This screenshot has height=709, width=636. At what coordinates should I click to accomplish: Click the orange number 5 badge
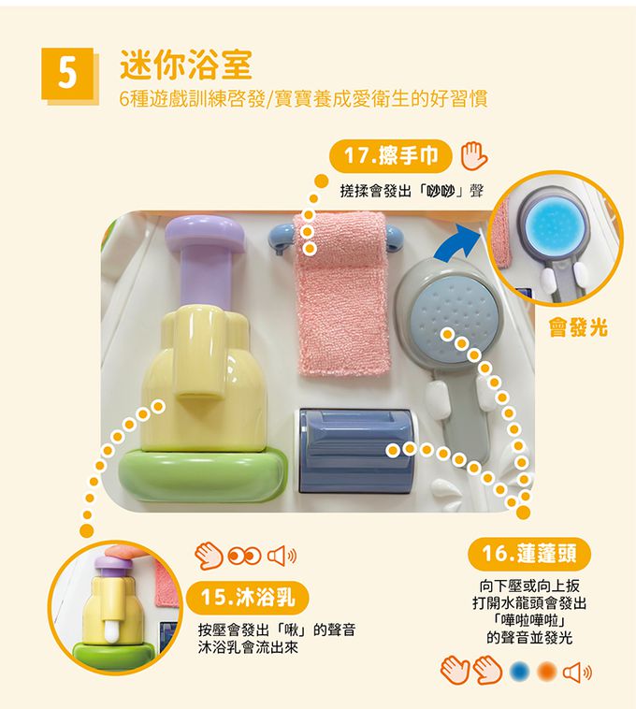click(67, 74)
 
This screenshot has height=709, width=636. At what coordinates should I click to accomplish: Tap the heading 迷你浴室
click(186, 65)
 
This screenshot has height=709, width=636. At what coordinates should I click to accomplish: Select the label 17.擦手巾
click(391, 156)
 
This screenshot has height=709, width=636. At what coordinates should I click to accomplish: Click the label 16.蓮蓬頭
click(529, 554)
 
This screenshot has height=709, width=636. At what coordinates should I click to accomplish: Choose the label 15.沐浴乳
click(247, 598)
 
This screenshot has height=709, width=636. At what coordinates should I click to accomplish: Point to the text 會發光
click(578, 327)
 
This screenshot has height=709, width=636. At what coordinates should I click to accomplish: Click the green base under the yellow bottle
click(203, 476)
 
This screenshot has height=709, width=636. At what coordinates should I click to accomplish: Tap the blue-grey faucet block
click(354, 451)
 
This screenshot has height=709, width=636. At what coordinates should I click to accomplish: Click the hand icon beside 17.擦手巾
click(473, 156)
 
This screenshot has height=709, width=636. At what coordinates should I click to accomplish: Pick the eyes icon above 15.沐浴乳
click(244, 557)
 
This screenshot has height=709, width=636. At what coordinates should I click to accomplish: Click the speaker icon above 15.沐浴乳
click(282, 557)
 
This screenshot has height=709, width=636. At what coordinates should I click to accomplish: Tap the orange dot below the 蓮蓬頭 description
click(546, 672)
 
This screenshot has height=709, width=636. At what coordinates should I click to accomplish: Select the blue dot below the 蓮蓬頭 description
click(519, 672)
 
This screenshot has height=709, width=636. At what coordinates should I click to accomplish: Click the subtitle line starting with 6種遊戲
click(303, 98)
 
